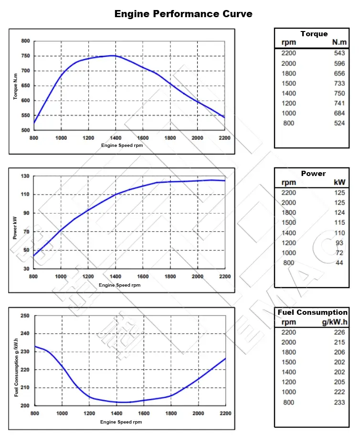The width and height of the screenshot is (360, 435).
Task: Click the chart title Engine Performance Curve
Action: point(183,14)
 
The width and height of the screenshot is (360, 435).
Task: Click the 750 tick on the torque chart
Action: point(25,56)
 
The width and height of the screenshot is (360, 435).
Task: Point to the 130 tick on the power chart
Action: point(25,176)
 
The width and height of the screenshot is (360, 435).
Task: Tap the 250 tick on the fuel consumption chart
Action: point(25,316)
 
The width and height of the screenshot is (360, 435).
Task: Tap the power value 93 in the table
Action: point(339,243)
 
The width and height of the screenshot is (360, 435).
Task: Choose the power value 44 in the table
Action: point(339,263)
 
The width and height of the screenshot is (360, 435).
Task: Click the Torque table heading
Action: point(314,34)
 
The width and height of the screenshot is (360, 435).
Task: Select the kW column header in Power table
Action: point(339,182)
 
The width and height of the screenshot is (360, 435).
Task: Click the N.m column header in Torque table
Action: point(339,42)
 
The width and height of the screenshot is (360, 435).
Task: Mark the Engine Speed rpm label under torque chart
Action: point(122,145)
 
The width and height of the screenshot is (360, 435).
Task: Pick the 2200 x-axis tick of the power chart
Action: point(224,277)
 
